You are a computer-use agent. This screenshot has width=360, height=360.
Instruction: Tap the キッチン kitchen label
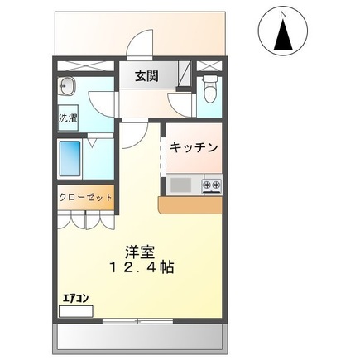point(194,147)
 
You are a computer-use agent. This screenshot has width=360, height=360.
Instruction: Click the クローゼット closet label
point(85,198)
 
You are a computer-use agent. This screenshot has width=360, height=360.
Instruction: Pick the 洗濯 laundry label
point(68,118)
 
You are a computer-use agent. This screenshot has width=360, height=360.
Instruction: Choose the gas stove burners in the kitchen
point(212,184)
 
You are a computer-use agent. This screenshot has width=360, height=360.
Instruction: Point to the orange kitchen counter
point(191,204)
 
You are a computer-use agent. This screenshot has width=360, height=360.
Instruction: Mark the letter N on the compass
point(284,14)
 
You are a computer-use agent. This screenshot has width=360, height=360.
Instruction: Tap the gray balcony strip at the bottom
point(140,336)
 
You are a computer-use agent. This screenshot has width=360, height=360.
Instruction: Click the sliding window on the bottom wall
point(140,319)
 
